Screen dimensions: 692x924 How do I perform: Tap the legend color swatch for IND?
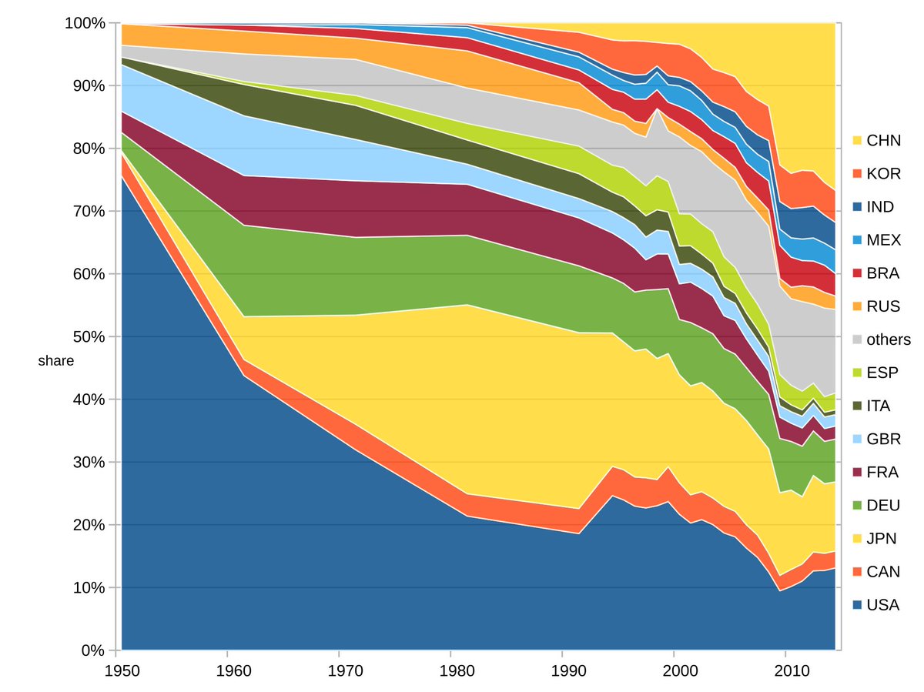[855, 207]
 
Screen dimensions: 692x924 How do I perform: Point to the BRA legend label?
[882, 273]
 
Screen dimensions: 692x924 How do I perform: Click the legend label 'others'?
[888, 339]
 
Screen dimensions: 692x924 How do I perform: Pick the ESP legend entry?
[882, 373]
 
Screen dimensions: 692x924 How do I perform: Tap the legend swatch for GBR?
[855, 439]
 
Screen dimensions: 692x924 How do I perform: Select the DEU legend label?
[882, 505]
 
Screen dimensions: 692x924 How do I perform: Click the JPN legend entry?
[882, 538]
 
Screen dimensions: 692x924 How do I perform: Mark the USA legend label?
[882, 604]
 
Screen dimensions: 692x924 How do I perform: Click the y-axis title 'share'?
[56, 360]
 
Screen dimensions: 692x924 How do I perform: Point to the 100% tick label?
[84, 23]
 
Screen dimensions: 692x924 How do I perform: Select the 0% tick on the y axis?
[92, 650]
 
